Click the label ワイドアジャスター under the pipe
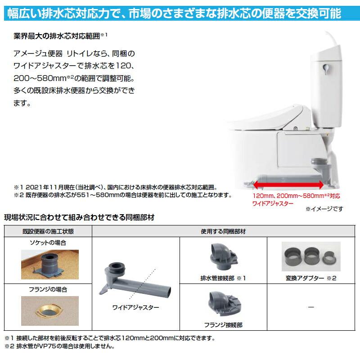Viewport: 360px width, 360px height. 136,308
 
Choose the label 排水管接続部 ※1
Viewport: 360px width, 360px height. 224,278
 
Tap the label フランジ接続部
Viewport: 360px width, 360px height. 224,324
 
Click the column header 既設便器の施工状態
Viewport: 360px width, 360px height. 48,231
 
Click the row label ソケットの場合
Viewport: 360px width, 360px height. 48,243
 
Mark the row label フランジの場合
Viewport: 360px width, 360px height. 48,290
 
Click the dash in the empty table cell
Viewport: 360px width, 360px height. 311,307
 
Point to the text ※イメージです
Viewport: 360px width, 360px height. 324,209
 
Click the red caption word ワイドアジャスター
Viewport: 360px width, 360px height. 273,203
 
